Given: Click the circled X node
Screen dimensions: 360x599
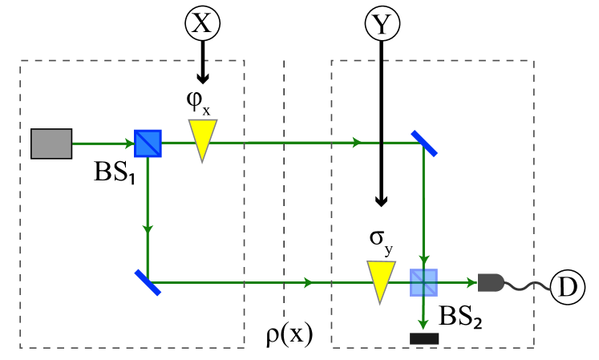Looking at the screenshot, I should tap(203, 24).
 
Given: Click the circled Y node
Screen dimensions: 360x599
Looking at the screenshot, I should tap(382, 24).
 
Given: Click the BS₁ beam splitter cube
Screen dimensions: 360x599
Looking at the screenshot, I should tap(149, 144).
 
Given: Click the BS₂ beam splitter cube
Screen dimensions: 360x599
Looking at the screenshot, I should tap(423, 282).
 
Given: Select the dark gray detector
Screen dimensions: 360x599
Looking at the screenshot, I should tap(491, 281).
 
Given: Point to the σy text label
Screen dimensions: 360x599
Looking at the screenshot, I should tap(381, 241).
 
